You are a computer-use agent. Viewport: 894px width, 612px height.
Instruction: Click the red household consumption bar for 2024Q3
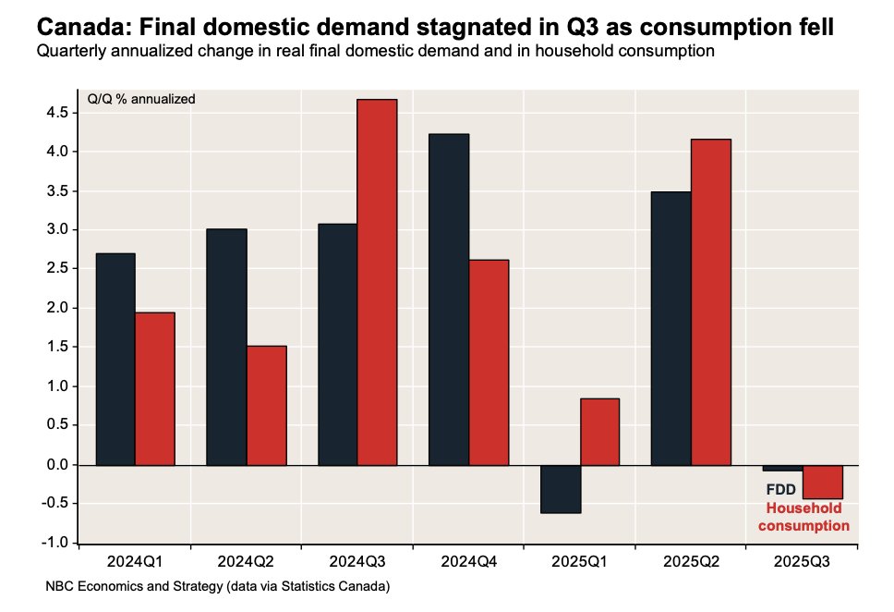377,281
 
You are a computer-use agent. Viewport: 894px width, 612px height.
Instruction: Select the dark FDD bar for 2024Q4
449,299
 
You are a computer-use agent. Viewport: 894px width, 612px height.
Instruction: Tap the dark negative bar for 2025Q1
561,488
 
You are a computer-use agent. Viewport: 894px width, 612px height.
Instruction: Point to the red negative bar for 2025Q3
822,481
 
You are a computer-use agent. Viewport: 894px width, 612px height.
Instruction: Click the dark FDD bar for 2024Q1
115,359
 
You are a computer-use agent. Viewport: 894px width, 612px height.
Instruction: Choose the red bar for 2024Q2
266,405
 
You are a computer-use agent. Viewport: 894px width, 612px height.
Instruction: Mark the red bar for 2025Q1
599,431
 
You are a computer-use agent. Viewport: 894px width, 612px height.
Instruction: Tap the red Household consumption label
803,517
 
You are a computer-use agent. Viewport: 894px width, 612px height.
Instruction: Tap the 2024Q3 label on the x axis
357,561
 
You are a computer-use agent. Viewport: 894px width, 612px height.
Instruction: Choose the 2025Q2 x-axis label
691,561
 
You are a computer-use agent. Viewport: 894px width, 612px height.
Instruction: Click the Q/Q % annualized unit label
141,99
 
